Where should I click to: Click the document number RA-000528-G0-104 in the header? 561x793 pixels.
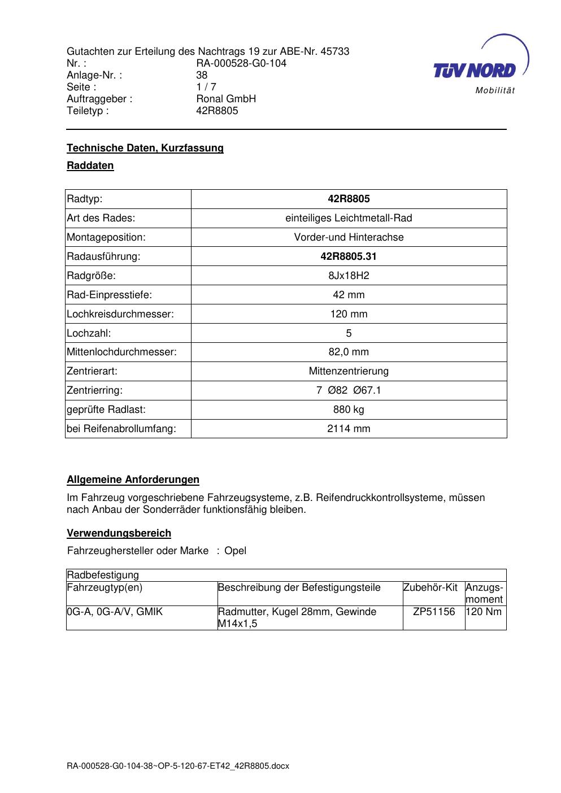pos(241,63)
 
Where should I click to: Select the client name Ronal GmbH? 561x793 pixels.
pos(226,99)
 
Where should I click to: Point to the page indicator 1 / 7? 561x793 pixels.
pos(206,87)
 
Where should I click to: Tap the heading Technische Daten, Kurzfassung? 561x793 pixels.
pos(145,148)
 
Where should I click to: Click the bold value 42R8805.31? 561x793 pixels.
pos(349,256)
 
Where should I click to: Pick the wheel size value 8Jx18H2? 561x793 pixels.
pos(349,276)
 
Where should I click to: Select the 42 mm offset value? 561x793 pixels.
pos(349,295)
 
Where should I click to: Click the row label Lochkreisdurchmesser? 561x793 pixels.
pos(120,314)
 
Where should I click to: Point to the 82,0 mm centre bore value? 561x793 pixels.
pos(349,352)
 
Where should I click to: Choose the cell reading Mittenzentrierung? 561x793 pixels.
pos(349,371)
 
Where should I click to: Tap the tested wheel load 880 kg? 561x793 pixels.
pos(349,409)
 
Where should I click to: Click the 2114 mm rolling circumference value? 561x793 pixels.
pos(349,429)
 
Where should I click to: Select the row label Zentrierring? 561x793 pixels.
pos(95,390)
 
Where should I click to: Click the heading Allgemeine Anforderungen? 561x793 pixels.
pos(133,480)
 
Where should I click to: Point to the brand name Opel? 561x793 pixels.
pos(236,551)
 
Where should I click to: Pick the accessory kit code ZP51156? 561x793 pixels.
pos(434,612)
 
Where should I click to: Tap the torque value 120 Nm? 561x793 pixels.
pos(484,612)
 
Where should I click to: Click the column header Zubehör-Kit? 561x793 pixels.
pos(430,587)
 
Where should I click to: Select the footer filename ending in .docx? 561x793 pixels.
pos(178,766)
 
